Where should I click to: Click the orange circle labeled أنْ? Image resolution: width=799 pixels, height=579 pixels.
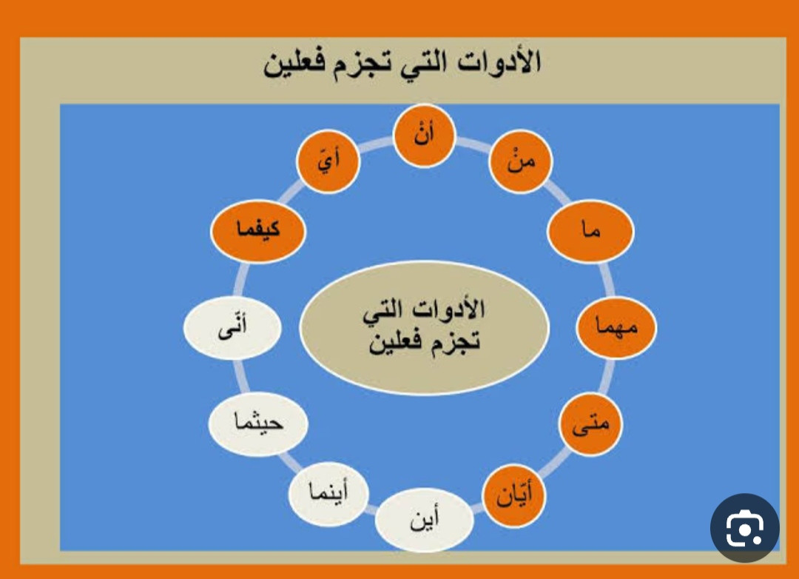pyautogui.click(x=424, y=135)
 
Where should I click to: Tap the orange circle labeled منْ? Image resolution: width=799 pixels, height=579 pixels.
pyautogui.click(x=520, y=161)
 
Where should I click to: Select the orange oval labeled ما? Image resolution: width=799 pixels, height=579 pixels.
pyautogui.click(x=590, y=230)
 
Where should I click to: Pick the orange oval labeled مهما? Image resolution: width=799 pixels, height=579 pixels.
pyautogui.click(x=616, y=327)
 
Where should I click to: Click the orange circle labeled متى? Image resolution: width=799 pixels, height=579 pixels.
pyautogui.click(x=590, y=424)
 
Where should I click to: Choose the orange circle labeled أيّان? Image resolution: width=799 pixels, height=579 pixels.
pyautogui.click(x=513, y=494)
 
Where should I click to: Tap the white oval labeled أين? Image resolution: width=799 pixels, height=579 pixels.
pyautogui.click(x=425, y=520)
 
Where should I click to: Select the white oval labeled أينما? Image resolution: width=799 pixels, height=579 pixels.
pyautogui.click(x=328, y=493)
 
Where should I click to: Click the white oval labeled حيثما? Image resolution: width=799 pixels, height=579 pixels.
pyautogui.click(x=258, y=424)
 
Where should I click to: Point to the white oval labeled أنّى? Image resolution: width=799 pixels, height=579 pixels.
pyautogui.click(x=232, y=327)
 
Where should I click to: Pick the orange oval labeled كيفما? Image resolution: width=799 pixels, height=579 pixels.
pyautogui.click(x=258, y=230)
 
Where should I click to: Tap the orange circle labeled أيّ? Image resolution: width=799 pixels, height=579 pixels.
pyautogui.click(x=328, y=161)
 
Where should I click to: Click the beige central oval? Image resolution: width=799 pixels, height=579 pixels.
pyautogui.click(x=424, y=327)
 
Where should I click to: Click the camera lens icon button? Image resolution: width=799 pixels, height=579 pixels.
pyautogui.click(x=744, y=528)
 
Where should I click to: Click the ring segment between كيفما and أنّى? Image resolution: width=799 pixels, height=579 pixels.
pyautogui.click(x=240, y=280)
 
